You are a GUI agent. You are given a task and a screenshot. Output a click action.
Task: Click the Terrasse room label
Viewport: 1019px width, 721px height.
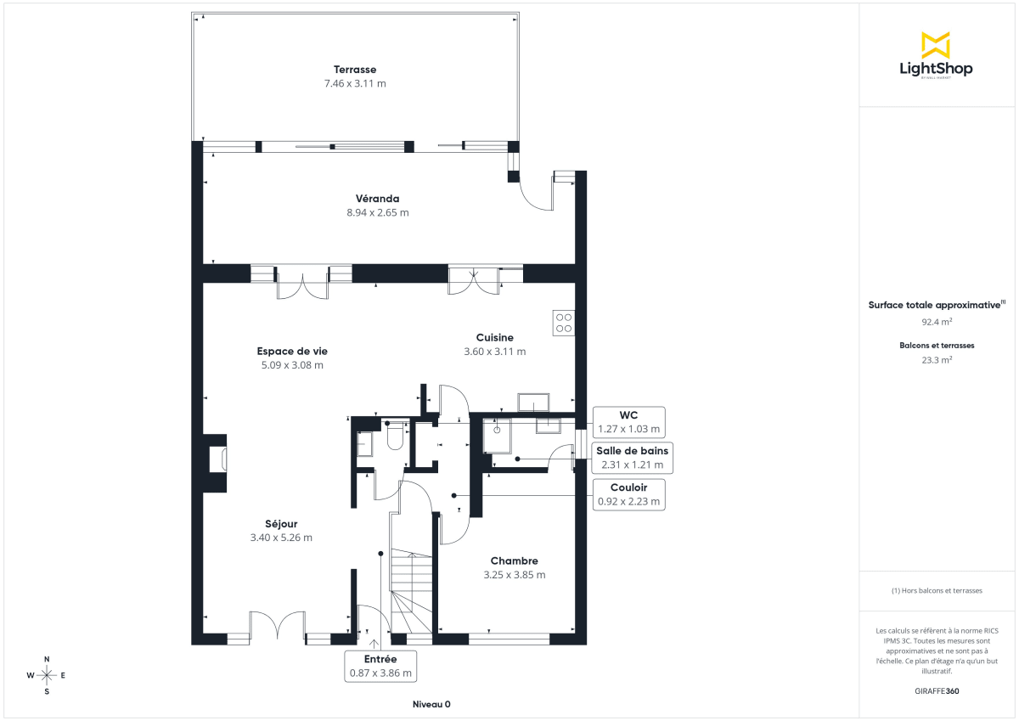(355, 70)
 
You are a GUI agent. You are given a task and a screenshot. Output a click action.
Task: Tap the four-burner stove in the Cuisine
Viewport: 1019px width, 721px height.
(563, 323)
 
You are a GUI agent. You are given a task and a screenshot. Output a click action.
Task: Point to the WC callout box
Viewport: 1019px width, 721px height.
(628, 422)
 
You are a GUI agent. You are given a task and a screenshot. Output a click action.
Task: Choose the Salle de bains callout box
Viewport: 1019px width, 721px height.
(633, 458)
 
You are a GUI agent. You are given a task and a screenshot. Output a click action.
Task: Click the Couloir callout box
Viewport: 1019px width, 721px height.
(628, 494)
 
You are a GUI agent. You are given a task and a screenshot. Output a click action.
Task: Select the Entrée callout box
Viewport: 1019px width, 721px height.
(380, 666)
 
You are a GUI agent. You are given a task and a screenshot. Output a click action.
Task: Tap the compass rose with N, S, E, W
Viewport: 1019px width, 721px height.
(47, 675)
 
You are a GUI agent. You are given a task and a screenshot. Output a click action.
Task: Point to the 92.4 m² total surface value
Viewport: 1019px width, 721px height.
(937, 323)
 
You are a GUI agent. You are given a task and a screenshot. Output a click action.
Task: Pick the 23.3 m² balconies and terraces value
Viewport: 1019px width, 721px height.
(937, 360)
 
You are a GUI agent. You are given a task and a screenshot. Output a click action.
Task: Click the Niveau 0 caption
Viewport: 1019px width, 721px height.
(431, 705)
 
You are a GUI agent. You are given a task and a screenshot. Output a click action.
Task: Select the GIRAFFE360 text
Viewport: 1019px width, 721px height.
(937, 691)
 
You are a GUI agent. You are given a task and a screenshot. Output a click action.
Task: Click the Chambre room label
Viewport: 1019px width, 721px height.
(514, 561)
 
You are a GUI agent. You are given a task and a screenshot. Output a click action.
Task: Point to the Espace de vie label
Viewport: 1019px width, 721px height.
(292, 351)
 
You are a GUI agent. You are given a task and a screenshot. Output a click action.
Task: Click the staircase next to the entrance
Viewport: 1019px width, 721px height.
(412, 590)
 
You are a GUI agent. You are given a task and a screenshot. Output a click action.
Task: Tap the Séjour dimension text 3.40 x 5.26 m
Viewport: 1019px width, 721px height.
(281, 538)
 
